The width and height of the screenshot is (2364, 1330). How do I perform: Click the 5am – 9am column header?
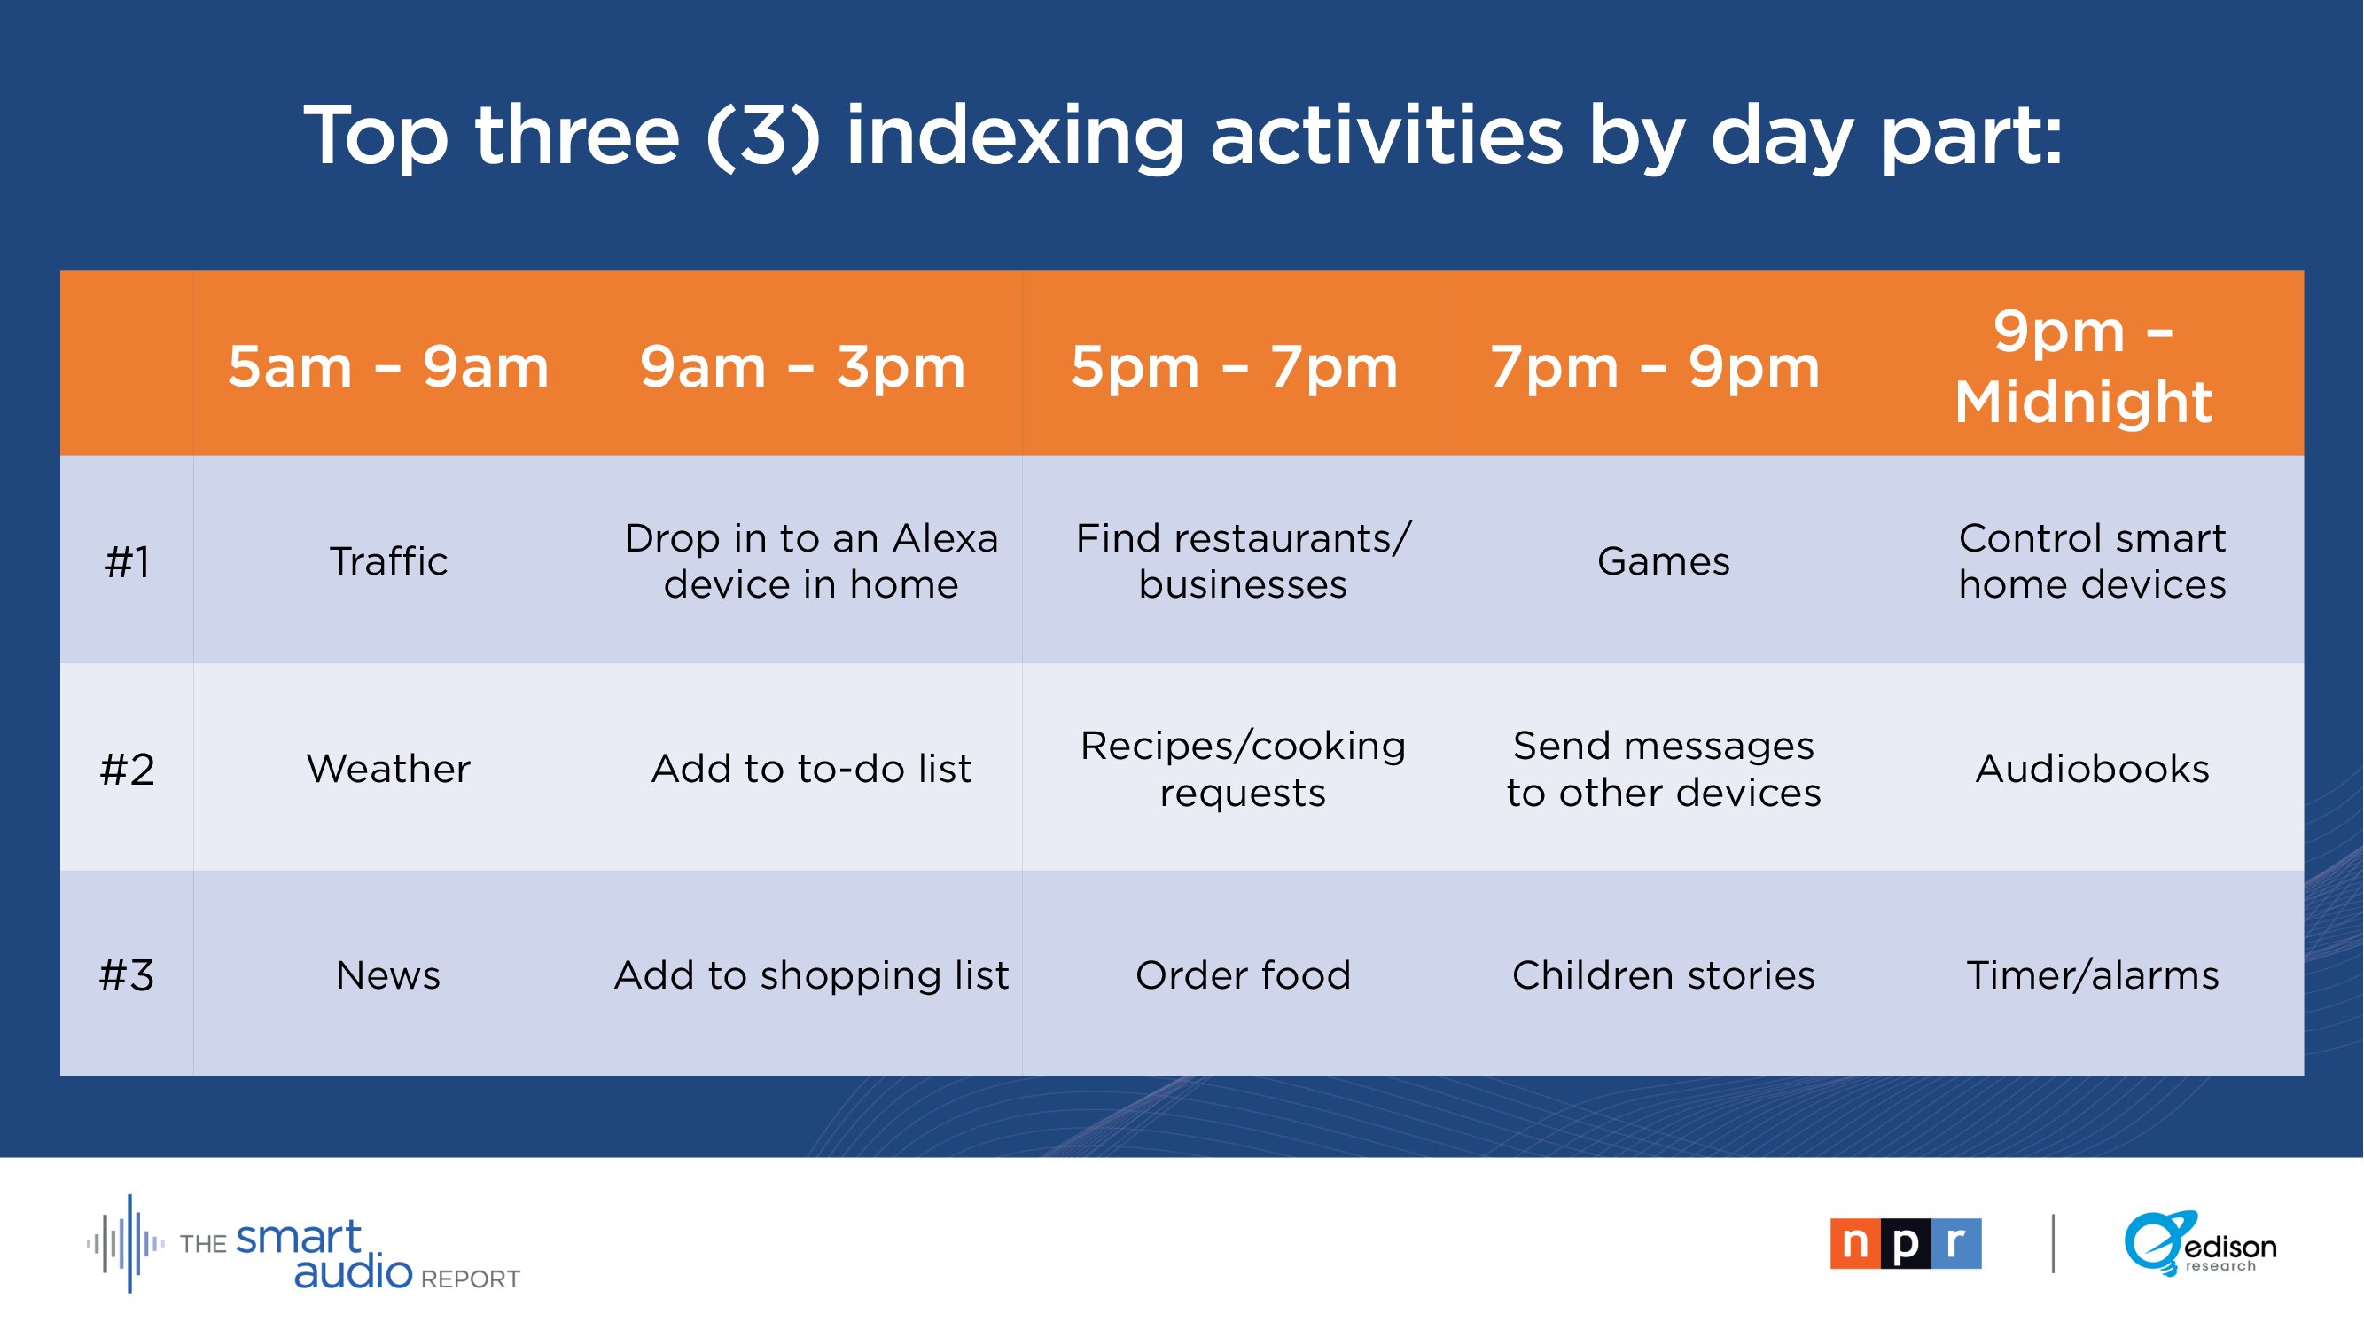tap(388, 367)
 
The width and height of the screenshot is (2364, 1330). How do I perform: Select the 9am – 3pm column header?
tap(803, 367)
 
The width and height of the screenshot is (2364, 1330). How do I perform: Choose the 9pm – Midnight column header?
tap(2083, 367)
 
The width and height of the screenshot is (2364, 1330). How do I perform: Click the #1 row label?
tap(127, 562)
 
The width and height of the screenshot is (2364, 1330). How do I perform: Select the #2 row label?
tap(127, 769)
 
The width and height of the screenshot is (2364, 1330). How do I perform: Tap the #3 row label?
tap(127, 975)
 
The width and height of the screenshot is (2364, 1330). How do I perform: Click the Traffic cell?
tap(388, 561)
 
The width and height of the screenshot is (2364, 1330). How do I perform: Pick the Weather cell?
tap(388, 768)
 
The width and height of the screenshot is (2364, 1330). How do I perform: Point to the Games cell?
tap(1663, 561)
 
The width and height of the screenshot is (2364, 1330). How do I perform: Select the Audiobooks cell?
tap(2093, 768)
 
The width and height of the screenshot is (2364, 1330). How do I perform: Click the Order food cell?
tap(1243, 974)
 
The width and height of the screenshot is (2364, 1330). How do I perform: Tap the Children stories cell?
tap(1663, 974)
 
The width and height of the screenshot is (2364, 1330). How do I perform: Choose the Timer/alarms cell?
tap(2093, 974)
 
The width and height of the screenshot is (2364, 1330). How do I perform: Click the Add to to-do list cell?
tap(811, 768)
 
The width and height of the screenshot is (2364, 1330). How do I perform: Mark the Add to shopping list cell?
tap(811, 975)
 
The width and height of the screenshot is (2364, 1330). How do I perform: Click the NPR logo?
tap(1906, 1244)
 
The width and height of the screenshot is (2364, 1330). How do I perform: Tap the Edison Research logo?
tap(2201, 1244)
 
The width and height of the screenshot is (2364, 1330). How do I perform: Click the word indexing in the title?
tap(1015, 137)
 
